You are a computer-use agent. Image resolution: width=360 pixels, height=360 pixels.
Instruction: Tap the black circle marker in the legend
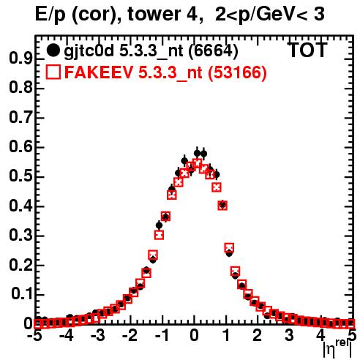point(53,50)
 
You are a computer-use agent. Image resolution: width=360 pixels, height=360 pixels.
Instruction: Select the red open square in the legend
point(53,72)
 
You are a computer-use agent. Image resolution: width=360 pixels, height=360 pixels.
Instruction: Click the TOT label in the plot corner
point(308,50)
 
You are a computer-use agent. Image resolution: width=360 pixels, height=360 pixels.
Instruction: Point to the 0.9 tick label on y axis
point(20,59)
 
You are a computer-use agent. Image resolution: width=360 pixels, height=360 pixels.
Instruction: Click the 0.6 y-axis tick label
point(20,147)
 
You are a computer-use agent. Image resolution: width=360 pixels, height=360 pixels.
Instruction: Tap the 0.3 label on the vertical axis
point(20,236)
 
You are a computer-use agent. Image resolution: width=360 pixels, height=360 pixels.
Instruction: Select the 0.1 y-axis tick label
point(22,295)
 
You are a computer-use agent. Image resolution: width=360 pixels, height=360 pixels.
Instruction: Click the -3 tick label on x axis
point(98,335)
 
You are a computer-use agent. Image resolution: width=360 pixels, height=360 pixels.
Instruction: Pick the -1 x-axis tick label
point(162,335)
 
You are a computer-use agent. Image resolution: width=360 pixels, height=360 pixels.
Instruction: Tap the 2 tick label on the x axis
point(258,335)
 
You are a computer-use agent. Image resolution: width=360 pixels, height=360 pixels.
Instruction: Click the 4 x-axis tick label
point(320,335)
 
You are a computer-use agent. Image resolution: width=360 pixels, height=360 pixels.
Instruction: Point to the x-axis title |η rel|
point(337,349)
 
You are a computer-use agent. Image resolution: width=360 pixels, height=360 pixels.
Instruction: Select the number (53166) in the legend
point(237,72)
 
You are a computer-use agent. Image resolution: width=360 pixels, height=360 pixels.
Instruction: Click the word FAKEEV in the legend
point(100,72)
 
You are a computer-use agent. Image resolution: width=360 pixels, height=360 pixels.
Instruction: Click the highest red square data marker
point(198,163)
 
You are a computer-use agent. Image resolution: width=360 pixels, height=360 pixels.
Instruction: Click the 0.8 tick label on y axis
point(20,88)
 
